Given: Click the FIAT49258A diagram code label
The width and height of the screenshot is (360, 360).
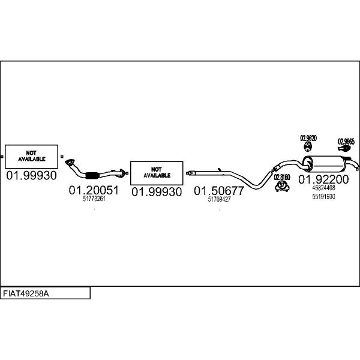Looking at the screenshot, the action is tap(26, 293).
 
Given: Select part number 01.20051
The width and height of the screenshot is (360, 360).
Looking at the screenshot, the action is tap(94, 190).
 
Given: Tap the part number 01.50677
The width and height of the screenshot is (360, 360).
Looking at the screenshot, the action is tap(219, 191).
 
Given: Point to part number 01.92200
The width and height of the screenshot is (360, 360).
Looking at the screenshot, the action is tap(323, 179).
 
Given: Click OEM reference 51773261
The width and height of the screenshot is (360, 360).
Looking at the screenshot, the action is tap(94, 199).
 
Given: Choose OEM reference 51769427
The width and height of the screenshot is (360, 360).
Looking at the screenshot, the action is tap(219, 199).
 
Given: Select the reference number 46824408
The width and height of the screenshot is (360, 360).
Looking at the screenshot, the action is tap(323, 188).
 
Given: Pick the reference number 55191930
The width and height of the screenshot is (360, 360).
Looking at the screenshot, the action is tap(323, 197).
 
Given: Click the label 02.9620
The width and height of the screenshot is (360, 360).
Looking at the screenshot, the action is tap(308, 138).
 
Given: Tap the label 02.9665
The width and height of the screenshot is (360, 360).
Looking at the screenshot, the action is tap(346, 142).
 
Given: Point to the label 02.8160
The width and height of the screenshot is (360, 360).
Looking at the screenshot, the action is tap(282, 177).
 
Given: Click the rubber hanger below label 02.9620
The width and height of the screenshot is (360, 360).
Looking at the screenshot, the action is tap(308, 147).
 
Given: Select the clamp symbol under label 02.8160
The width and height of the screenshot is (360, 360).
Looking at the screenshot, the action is tap(282, 186).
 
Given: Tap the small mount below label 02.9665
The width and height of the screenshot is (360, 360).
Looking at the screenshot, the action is tap(344, 148).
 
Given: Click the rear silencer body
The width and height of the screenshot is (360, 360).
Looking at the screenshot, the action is tap(325, 163).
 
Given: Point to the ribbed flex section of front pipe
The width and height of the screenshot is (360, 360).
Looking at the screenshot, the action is tap(92, 175).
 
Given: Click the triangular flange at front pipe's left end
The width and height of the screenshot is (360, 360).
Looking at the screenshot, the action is tap(70, 162).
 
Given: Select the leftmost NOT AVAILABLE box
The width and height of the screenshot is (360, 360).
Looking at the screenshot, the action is tap(31, 157).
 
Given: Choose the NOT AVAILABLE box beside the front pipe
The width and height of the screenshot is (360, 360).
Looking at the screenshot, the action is tap(157, 173).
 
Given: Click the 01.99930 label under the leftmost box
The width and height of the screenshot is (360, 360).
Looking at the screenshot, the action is tap(31, 176).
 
